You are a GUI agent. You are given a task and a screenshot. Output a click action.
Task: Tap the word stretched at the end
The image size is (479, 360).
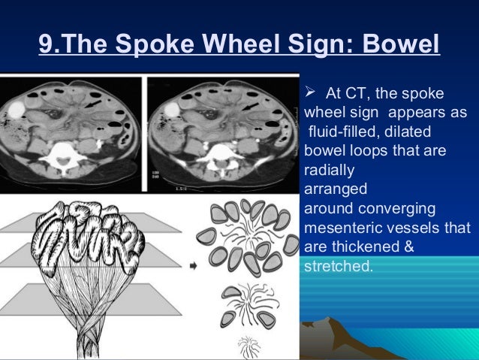tap(336, 265)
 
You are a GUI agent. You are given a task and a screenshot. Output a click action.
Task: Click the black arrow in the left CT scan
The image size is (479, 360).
tap(92, 107)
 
